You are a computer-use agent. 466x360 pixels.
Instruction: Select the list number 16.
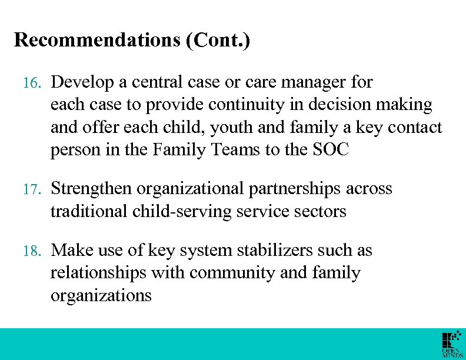(29, 83)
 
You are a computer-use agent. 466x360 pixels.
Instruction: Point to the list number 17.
(29, 189)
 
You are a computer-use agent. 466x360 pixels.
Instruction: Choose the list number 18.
(29, 251)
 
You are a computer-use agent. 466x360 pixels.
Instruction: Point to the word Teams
(235, 150)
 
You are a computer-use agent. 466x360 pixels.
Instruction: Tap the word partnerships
(297, 189)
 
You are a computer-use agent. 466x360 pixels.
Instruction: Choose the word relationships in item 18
(98, 273)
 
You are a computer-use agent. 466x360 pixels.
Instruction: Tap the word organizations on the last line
(101, 295)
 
